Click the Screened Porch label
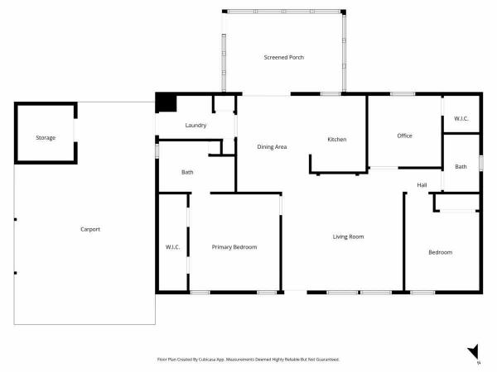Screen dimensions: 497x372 (x=283, y=57)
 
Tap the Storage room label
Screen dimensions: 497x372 (x=46, y=137)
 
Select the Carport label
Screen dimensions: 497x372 (x=90, y=229)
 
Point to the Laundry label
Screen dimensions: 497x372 (x=195, y=126)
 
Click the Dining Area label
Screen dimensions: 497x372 (x=272, y=147)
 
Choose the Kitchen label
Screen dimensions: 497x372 (x=337, y=139)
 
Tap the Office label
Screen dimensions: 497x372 (x=405, y=136)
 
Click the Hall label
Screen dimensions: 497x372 (x=422, y=185)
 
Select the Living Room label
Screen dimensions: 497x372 (x=349, y=236)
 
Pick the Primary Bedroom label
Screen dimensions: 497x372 (x=234, y=247)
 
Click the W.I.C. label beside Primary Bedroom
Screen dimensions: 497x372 (x=173, y=247)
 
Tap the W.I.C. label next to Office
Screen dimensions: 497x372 (x=461, y=118)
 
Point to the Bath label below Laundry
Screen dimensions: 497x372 (x=187, y=172)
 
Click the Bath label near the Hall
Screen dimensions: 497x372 (x=461, y=167)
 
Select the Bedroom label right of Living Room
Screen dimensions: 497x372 (x=441, y=252)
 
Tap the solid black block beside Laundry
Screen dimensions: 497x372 (x=166, y=103)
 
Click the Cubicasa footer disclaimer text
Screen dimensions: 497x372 (x=248, y=360)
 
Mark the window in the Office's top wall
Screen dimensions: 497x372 (x=403, y=94)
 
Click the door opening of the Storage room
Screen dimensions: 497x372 (x=75, y=130)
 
